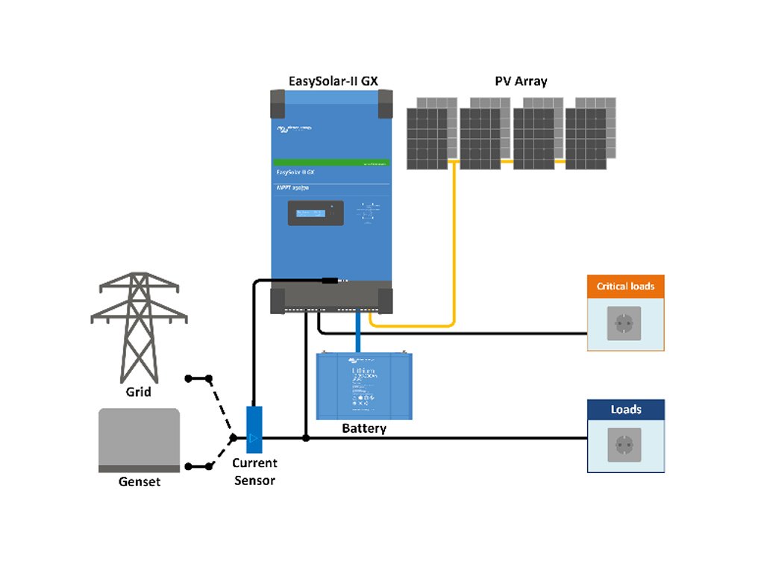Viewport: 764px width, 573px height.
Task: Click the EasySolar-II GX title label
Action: [332, 81]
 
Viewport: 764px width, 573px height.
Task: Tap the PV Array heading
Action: [521, 81]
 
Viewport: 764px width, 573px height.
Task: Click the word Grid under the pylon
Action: [138, 391]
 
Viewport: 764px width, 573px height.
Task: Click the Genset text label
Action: [140, 482]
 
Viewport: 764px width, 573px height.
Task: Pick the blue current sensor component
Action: [254, 429]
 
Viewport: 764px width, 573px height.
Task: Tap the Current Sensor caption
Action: [254, 472]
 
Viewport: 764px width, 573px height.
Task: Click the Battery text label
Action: [363, 429]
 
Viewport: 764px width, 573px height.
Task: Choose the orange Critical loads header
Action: [625, 286]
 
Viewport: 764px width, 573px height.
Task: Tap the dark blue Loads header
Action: [625, 410]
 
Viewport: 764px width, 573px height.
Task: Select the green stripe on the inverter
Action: [332, 162]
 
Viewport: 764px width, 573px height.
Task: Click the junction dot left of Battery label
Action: [305, 438]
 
